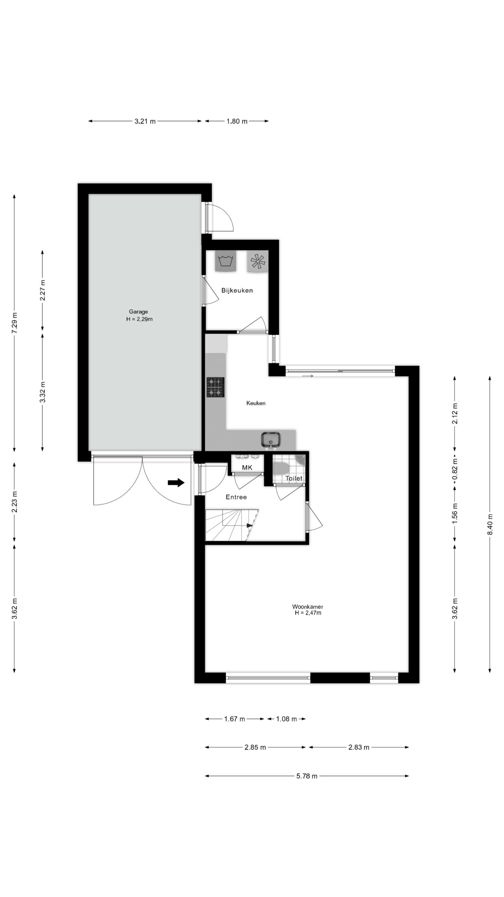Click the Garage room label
pyautogui.click(x=139, y=311)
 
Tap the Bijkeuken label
pyautogui.click(x=237, y=290)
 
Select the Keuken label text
pyautogui.click(x=256, y=403)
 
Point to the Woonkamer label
pyautogui.click(x=308, y=607)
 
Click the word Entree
pyautogui.click(x=236, y=497)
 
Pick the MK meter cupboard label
pyautogui.click(x=247, y=468)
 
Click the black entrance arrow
pyautogui.click(x=176, y=482)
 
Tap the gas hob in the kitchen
pyautogui.click(x=215, y=387)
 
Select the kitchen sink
pyautogui.click(x=271, y=440)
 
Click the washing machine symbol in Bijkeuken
pyautogui.click(x=226, y=261)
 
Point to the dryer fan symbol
pyautogui.click(x=258, y=261)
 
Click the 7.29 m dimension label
pyautogui.click(x=14, y=322)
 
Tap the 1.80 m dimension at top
pyautogui.click(x=237, y=122)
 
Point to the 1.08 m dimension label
pyautogui.click(x=287, y=719)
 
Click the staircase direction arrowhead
pyautogui.click(x=250, y=526)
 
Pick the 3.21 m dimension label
pyautogui.click(x=145, y=122)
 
